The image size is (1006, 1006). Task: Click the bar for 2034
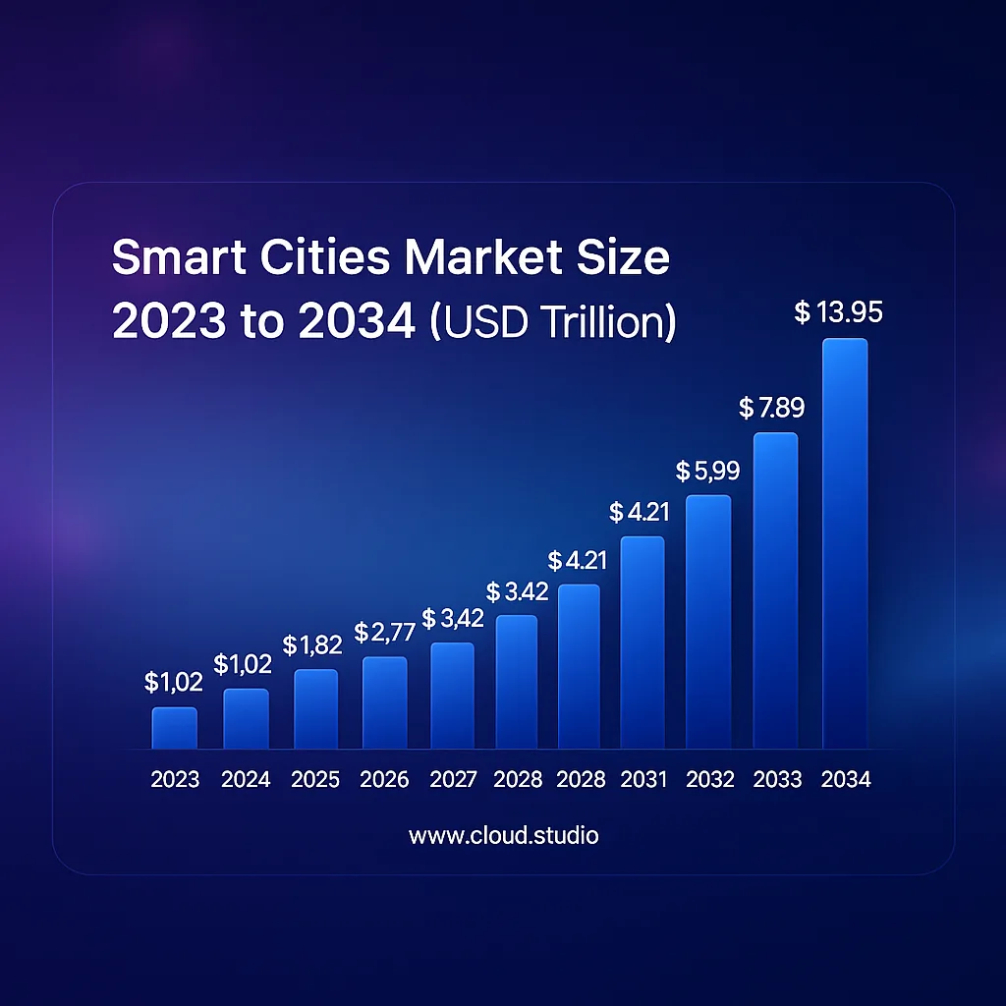point(845,545)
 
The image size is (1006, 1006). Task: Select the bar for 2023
point(174,729)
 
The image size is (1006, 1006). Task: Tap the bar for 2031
point(643,643)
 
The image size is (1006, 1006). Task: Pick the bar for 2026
point(384,703)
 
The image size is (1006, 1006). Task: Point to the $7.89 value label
point(772,408)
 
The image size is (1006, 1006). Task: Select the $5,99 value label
point(707,472)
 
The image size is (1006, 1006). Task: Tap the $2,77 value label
point(385,632)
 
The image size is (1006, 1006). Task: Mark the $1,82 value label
point(311,645)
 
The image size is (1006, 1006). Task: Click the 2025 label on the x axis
point(315,780)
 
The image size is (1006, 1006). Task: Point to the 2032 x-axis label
point(710,780)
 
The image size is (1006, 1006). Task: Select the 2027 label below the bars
point(454,780)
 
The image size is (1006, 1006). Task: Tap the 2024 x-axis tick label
point(246,780)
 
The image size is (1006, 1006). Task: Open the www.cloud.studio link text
point(503,836)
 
